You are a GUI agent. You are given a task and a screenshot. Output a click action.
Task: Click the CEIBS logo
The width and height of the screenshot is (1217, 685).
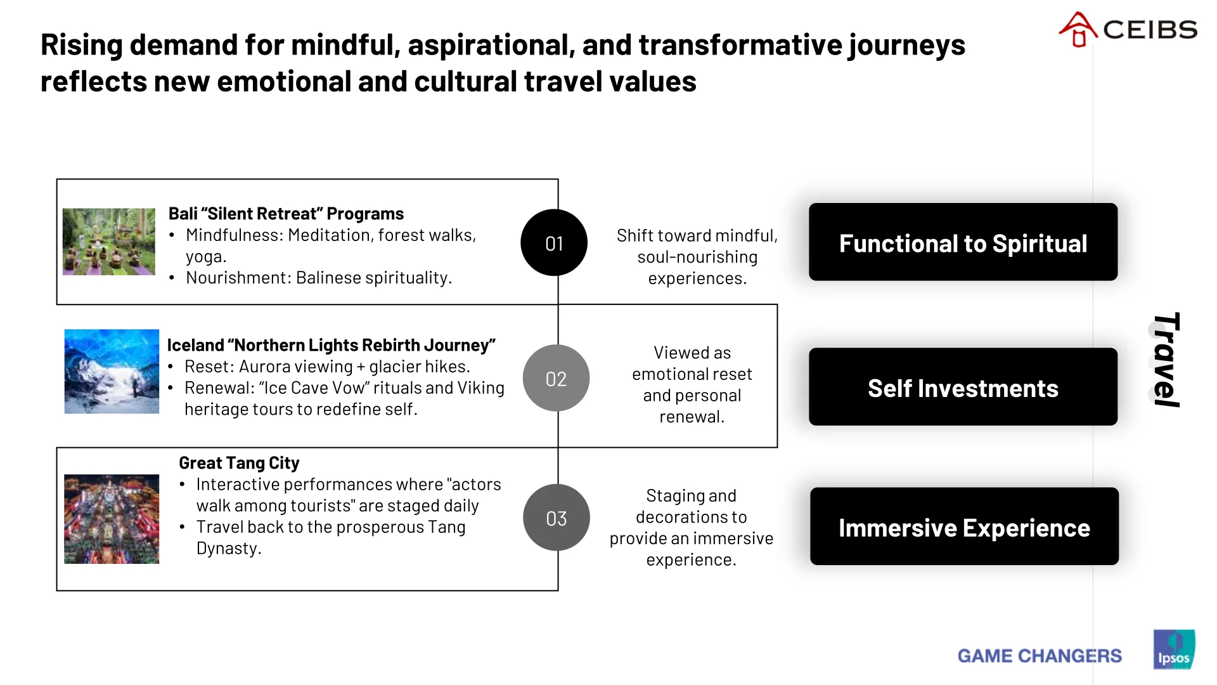click(x=1128, y=29)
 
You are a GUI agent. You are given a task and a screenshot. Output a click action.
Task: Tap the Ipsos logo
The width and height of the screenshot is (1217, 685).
click(x=1174, y=649)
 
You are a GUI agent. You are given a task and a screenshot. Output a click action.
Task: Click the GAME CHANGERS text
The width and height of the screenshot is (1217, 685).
click(x=1040, y=656)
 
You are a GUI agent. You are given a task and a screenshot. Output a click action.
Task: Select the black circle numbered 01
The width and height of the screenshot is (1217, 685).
click(x=554, y=243)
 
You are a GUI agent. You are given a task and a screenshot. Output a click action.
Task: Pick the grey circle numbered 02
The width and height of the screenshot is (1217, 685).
click(x=556, y=379)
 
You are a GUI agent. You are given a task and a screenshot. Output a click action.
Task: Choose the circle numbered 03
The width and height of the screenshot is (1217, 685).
click(x=556, y=518)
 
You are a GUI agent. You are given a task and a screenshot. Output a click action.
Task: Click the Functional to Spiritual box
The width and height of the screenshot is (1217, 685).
click(x=963, y=242)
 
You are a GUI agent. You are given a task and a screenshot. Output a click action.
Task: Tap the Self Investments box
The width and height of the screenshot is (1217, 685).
click(x=963, y=387)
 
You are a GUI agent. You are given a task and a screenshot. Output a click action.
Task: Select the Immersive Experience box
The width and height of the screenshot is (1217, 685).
click(x=964, y=526)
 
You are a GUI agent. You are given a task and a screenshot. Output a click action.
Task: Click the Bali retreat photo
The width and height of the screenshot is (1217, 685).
click(x=108, y=242)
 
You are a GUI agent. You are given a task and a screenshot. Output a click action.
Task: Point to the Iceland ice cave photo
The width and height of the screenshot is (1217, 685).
click(x=112, y=372)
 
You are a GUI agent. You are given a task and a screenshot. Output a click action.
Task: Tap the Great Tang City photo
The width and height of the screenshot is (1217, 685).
click(x=112, y=519)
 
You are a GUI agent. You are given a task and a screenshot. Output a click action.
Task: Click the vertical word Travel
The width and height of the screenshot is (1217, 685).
click(x=1166, y=360)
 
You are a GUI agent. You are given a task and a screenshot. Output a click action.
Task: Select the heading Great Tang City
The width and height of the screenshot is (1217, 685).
click(x=239, y=463)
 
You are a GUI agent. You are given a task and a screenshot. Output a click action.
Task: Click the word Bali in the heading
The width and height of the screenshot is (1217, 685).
click(x=183, y=214)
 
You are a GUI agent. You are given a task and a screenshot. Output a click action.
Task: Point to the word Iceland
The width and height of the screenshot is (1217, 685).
click(x=195, y=345)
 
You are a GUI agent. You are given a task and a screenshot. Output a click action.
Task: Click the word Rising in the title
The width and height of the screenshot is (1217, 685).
click(x=82, y=46)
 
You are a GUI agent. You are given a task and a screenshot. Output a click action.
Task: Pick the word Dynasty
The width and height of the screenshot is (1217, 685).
click(x=228, y=549)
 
